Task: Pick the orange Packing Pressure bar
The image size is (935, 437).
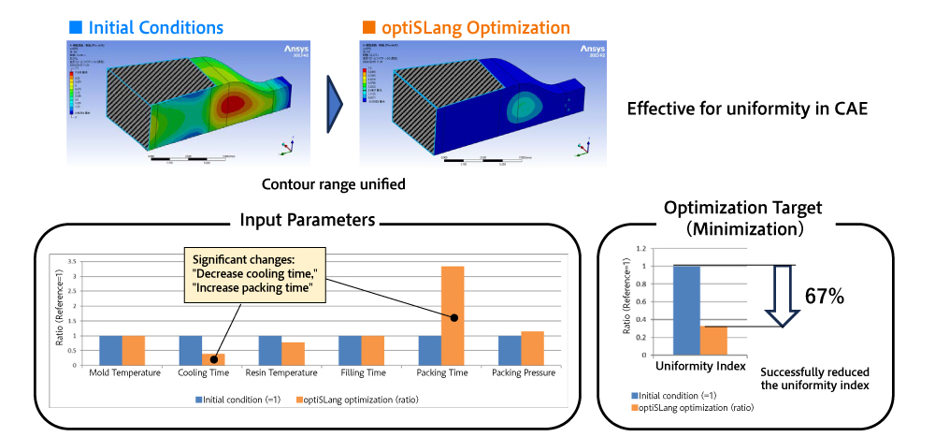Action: [533, 347]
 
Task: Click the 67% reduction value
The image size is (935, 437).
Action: [825, 297]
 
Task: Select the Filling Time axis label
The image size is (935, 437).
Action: [362, 372]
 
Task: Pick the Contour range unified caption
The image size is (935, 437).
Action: [333, 184]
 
